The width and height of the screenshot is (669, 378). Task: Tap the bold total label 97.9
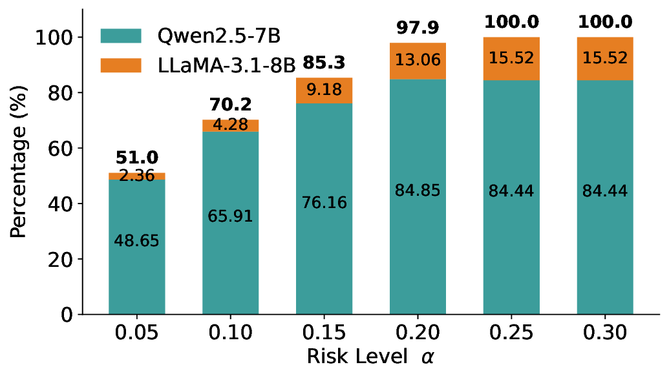417,28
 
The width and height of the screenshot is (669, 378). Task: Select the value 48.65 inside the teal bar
136,241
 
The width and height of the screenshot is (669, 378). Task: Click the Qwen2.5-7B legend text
218,36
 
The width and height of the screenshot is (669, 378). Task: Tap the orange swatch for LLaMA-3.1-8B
120,64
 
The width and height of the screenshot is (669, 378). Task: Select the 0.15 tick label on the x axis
324,333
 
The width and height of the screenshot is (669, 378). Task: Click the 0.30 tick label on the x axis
604,333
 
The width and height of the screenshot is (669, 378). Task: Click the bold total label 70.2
230,104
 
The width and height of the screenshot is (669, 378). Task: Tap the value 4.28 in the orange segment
230,124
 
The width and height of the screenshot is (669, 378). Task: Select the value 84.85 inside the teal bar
417,191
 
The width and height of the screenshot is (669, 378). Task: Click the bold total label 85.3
324,63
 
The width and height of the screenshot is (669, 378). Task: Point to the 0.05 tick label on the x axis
136,333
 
